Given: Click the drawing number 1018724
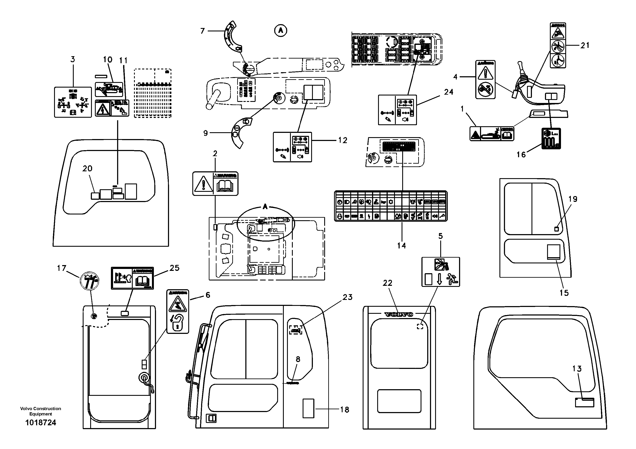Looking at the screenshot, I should (x=41, y=423).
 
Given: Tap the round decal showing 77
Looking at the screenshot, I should (x=89, y=280).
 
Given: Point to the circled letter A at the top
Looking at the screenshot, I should (x=281, y=31).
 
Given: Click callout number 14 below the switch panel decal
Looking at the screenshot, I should (x=401, y=245).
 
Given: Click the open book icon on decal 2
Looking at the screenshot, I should (x=225, y=186).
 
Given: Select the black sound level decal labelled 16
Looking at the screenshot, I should (x=551, y=138).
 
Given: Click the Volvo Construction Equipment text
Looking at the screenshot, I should (x=41, y=411).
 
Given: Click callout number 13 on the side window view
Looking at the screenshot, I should (x=577, y=369).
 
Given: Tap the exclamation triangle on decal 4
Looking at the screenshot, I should (x=485, y=73).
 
